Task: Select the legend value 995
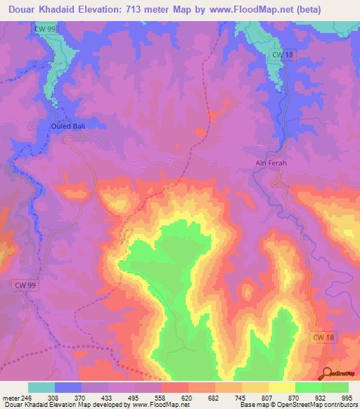click(x=347, y=397)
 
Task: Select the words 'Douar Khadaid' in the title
click(x=40, y=9)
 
